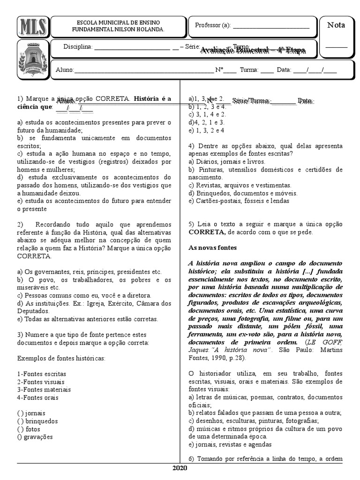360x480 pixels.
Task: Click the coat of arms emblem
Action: [32, 59]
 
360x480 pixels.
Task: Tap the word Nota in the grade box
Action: [336, 25]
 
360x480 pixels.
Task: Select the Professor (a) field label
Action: [212, 25]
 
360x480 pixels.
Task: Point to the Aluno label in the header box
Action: [65, 70]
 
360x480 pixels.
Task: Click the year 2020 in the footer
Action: [180, 468]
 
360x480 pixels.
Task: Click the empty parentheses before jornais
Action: [20, 413]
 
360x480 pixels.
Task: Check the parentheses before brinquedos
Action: [20, 421]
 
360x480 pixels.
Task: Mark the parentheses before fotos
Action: [20, 429]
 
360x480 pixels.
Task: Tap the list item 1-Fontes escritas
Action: [41, 374]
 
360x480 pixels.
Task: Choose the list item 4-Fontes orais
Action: [38, 397]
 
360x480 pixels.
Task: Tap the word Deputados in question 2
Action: [33, 311]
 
